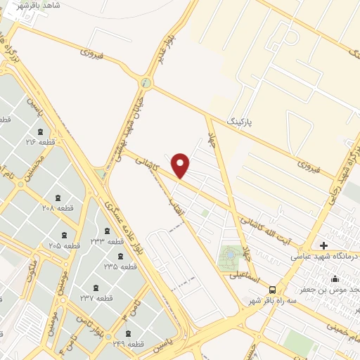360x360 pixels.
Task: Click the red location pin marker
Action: pos(181,165)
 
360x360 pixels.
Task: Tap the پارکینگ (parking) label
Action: pos(238,120)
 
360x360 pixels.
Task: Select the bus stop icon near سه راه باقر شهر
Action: pos(273,289)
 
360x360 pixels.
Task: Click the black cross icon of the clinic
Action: pos(323,245)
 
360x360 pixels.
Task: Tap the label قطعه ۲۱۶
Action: pos(41,142)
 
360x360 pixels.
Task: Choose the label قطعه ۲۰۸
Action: pos(58,208)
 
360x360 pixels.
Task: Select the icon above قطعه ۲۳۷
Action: pos(96,288)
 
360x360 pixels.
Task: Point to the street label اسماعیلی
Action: pos(242,275)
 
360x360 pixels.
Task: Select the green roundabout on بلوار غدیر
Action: pos(146,83)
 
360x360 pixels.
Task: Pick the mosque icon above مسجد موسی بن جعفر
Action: pos(335,278)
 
